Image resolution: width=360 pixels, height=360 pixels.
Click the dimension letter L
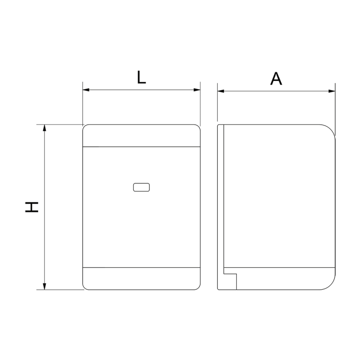pyautogui.click(x=141, y=78)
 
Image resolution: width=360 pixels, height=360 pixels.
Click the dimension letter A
pyautogui.click(x=276, y=79)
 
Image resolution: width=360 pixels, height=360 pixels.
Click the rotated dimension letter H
pyautogui.click(x=32, y=207)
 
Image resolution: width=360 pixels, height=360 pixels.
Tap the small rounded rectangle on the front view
pyautogui.click(x=141, y=187)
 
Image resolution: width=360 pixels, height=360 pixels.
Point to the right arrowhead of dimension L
pyautogui.click(x=197, y=90)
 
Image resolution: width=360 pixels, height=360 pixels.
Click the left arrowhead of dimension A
pyautogui.click(x=221, y=91)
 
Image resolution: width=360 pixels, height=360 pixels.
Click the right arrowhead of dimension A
pyautogui.click(x=332, y=91)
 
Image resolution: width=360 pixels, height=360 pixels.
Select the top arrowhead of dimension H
pyautogui.click(x=44, y=128)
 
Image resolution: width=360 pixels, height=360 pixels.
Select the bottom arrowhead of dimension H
pyautogui.click(x=44, y=286)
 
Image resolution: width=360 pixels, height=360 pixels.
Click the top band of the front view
pyautogui.click(x=141, y=136)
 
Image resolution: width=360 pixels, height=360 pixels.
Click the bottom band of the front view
pyautogui.click(x=141, y=279)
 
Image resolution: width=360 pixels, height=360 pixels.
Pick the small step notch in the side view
pyautogui.click(x=230, y=273)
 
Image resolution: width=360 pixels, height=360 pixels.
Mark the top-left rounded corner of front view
pyautogui.click(x=85, y=127)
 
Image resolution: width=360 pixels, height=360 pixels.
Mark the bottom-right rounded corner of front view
pyautogui.click(x=198, y=287)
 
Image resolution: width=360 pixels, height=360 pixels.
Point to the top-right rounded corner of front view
pyautogui.click(x=198, y=127)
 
